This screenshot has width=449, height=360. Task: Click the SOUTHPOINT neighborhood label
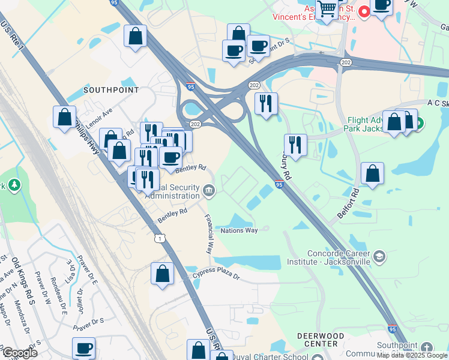[x=110, y=90]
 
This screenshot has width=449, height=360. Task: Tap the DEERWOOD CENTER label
[x=321, y=340]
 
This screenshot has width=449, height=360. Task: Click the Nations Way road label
[x=239, y=230]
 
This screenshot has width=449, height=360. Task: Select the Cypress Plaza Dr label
[x=216, y=277]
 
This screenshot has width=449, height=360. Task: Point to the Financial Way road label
[x=209, y=234]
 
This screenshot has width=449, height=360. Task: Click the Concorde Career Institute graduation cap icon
[x=379, y=257]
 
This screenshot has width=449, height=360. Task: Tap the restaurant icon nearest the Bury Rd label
[x=295, y=145]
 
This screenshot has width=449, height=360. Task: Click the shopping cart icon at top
[x=327, y=10]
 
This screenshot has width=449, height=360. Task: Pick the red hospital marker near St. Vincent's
[x=364, y=11]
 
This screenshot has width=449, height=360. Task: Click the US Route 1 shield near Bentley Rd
[x=159, y=239]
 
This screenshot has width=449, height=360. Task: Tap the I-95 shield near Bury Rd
[x=280, y=185]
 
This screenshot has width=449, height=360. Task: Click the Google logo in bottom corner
[x=19, y=353]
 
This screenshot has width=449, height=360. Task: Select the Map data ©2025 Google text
[x=412, y=355]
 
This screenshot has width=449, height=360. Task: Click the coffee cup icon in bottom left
[x=84, y=348]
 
